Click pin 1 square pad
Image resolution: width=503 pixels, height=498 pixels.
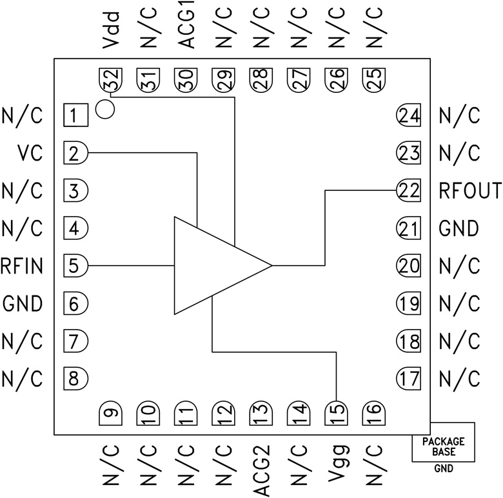[x=75, y=116]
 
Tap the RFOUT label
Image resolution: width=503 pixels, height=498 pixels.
[x=469, y=191]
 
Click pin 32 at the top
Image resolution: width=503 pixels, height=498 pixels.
[x=111, y=80]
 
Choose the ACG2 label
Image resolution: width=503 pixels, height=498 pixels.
[x=261, y=469]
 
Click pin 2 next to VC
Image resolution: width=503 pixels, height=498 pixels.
[x=75, y=154]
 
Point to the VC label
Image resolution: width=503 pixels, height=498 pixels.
[x=30, y=154]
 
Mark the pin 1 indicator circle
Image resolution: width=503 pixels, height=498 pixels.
[x=104, y=109]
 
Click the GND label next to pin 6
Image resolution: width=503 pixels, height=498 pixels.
[x=23, y=303]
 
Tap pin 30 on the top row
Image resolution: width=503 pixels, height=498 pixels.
[x=186, y=80]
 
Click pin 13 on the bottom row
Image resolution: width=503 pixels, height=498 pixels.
[x=261, y=412]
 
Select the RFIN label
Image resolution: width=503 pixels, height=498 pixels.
[x=23, y=265]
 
